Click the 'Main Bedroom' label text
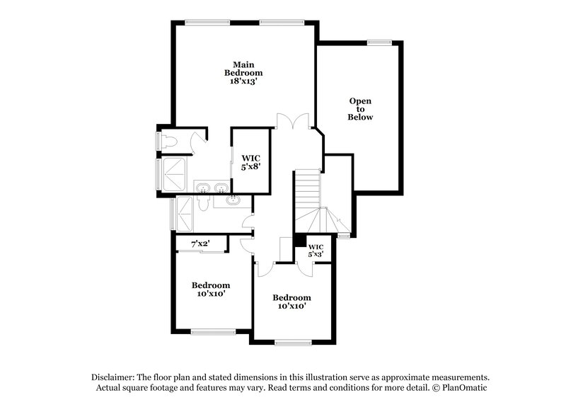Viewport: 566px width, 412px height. [243, 68]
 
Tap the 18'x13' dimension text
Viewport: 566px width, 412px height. [243, 82]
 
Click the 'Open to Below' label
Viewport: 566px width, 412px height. [360, 108]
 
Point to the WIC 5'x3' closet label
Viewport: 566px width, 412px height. [316, 250]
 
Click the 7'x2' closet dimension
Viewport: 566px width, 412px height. [201, 244]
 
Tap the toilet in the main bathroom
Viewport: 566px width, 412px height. [167, 141]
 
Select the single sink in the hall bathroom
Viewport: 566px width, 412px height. [233, 201]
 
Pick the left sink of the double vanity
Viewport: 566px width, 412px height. [203, 188]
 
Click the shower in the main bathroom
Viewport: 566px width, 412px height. [174, 172]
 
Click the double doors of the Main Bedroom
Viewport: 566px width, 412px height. [293, 121]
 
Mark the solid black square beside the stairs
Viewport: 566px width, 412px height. [300, 241]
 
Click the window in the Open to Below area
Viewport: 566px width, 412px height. [379, 42]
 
